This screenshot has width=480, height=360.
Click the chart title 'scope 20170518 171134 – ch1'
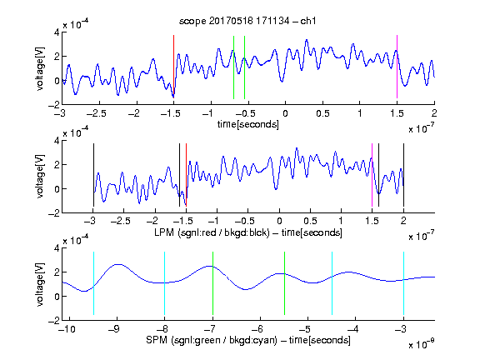pos(247,21)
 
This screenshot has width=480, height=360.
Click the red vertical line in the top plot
pos(173,67)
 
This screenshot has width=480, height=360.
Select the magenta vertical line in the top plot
pos(397,67)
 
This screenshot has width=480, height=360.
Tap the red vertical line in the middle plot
pos(186,175)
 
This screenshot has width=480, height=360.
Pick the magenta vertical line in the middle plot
pos(372,175)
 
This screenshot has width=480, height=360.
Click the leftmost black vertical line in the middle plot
pos(93,175)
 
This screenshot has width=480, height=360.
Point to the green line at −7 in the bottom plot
pos(212,283)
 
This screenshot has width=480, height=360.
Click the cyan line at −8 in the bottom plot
pos(165,283)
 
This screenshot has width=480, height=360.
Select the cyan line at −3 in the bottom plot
pos(404,283)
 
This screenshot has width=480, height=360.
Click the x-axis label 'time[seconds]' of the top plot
pos(248,124)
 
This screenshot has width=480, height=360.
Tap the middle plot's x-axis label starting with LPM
pos(248,232)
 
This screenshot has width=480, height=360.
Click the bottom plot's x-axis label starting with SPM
pos(248,340)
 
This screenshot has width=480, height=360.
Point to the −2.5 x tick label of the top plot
pos(97,113)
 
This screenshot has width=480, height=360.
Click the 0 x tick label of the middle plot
pos(279,220)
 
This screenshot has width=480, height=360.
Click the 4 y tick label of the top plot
pos(57,32)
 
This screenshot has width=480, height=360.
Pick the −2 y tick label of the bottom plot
pos(54,321)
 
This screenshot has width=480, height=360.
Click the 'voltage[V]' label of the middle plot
pos(40,177)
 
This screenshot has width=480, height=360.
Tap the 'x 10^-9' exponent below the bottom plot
pos(421,344)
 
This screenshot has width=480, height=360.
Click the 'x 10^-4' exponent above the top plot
pos(76,23)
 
